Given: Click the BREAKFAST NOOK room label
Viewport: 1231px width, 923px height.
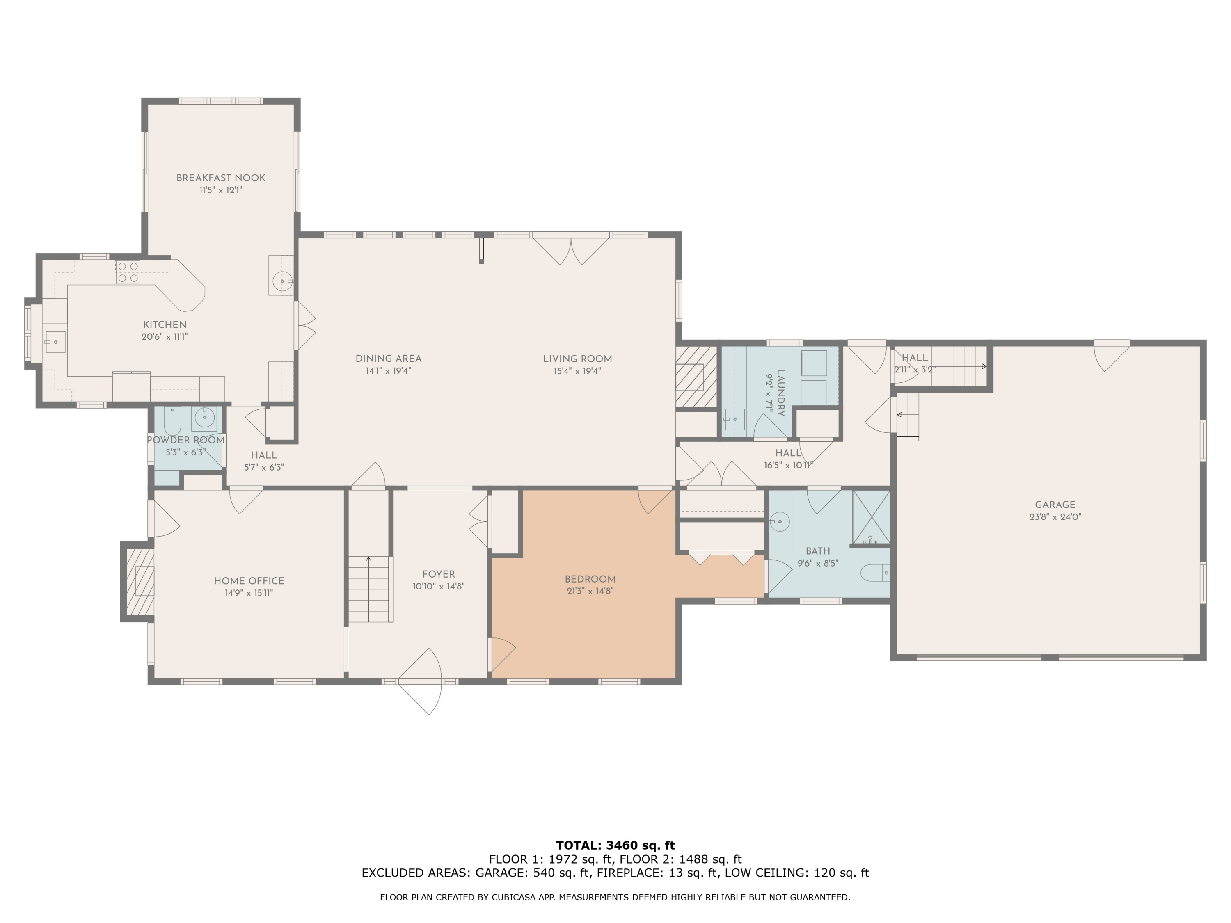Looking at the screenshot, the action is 221,178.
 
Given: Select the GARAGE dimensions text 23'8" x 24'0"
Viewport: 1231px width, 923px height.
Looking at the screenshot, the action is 1055,517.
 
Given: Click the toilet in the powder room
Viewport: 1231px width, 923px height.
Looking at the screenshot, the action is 172,421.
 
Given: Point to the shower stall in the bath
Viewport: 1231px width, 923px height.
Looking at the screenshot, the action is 872,517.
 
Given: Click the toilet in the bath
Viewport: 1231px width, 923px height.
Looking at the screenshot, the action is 875,573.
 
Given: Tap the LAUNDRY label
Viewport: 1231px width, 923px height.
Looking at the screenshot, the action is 781,393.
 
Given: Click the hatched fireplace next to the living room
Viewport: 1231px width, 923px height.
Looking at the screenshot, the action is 696,377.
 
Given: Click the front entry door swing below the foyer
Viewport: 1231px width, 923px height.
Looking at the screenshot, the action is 420,681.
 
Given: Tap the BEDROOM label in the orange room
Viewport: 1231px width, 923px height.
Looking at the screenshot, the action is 590,579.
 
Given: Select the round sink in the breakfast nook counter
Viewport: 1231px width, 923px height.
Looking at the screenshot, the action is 283,281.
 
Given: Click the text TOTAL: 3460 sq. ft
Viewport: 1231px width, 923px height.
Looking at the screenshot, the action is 615,845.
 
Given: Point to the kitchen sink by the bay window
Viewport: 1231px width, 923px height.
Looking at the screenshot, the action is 55,342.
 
